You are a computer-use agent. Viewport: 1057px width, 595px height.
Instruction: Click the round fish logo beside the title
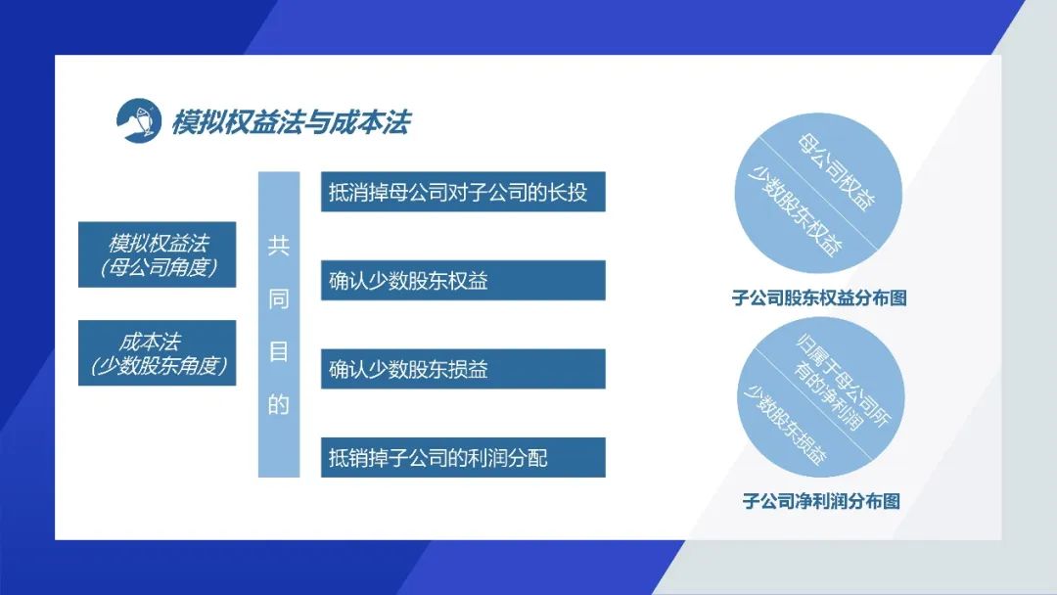[139, 120]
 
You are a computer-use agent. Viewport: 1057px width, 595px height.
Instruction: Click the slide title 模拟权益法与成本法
[292, 122]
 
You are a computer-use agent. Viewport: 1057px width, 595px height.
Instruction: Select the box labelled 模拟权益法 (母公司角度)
[157, 254]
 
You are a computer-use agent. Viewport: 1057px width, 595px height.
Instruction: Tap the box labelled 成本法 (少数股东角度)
[157, 353]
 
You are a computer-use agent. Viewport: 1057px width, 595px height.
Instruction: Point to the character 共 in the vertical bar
[278, 246]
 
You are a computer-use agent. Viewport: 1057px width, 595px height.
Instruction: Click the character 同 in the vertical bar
[278, 298]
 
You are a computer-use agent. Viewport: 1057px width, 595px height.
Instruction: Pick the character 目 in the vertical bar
[278, 351]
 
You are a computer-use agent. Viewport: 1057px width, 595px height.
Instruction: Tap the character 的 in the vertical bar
[278, 404]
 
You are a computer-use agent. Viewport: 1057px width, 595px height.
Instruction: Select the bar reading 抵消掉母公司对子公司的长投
[463, 192]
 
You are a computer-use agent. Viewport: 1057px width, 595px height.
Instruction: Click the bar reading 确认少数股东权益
[463, 280]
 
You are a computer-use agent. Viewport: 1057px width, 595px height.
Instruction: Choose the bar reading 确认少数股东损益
[463, 369]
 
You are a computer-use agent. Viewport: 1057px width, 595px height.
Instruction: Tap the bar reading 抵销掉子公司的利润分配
[463, 458]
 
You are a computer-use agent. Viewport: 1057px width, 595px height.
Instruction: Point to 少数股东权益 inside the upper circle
[795, 211]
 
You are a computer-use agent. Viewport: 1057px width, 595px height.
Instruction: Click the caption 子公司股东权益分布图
[819, 297]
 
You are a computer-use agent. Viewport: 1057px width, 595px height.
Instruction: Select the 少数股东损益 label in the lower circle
[785, 425]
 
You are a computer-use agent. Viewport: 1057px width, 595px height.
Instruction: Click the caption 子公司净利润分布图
[821, 501]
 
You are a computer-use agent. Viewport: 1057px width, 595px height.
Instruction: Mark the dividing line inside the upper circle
[818, 194]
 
